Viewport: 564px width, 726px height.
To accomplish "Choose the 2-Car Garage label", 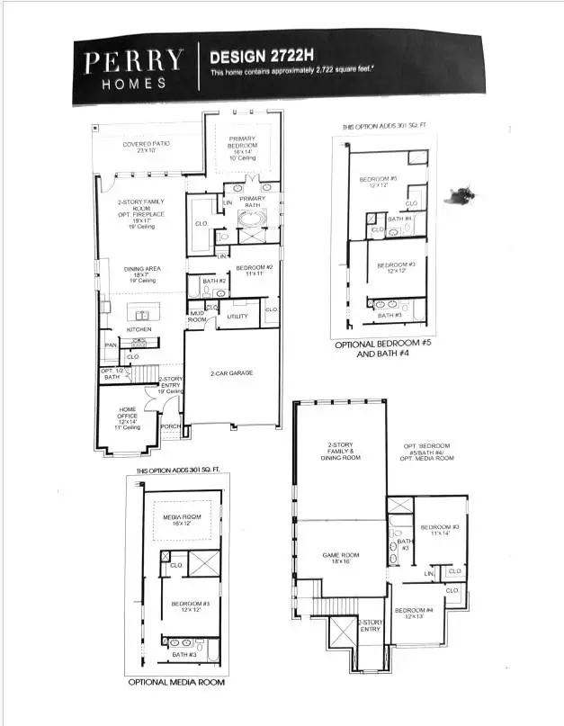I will click(230, 372).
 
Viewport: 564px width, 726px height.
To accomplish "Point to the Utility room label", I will click(237, 317).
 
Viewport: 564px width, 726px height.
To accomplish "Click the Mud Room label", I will click(197, 317).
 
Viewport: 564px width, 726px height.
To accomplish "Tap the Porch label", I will click(170, 427).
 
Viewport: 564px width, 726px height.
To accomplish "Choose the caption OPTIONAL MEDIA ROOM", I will click(175, 683).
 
